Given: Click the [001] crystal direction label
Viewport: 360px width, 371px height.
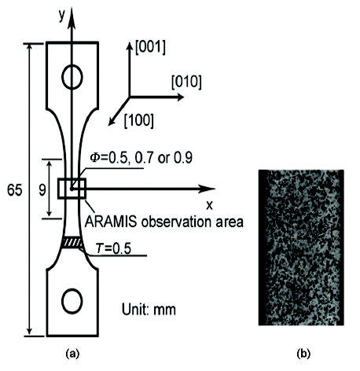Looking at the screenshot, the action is pyautogui.click(x=150, y=48).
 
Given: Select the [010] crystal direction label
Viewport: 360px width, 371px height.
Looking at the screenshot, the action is pyautogui.click(x=186, y=82).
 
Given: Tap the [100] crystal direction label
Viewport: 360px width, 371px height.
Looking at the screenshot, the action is pyautogui.click(x=138, y=120).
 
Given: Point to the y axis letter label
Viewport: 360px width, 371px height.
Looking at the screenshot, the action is pyautogui.click(x=61, y=16).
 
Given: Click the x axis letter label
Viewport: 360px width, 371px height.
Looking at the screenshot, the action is pyautogui.click(x=209, y=205).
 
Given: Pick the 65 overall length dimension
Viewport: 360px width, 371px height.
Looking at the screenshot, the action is pyautogui.click(x=15, y=190).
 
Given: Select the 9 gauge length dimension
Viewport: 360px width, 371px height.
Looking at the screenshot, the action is pyautogui.click(x=42, y=190).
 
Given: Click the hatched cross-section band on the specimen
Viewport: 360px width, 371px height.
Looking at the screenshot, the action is pyautogui.click(x=72, y=242).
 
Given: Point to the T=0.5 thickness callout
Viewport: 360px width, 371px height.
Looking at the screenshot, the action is pyautogui.click(x=113, y=248).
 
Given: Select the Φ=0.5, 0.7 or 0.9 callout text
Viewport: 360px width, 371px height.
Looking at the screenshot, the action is pyautogui.click(x=141, y=158).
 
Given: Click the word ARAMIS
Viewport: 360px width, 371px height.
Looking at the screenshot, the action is pyautogui.click(x=111, y=222).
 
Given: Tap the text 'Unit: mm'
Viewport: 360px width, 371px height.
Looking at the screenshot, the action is pyautogui.click(x=149, y=310).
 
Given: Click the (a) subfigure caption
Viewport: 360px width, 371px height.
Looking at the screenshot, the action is pyautogui.click(x=72, y=354).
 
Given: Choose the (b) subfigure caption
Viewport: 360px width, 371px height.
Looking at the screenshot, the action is pyautogui.click(x=303, y=354).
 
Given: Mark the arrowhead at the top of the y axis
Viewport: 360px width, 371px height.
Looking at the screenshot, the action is pyautogui.click(x=72, y=18).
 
